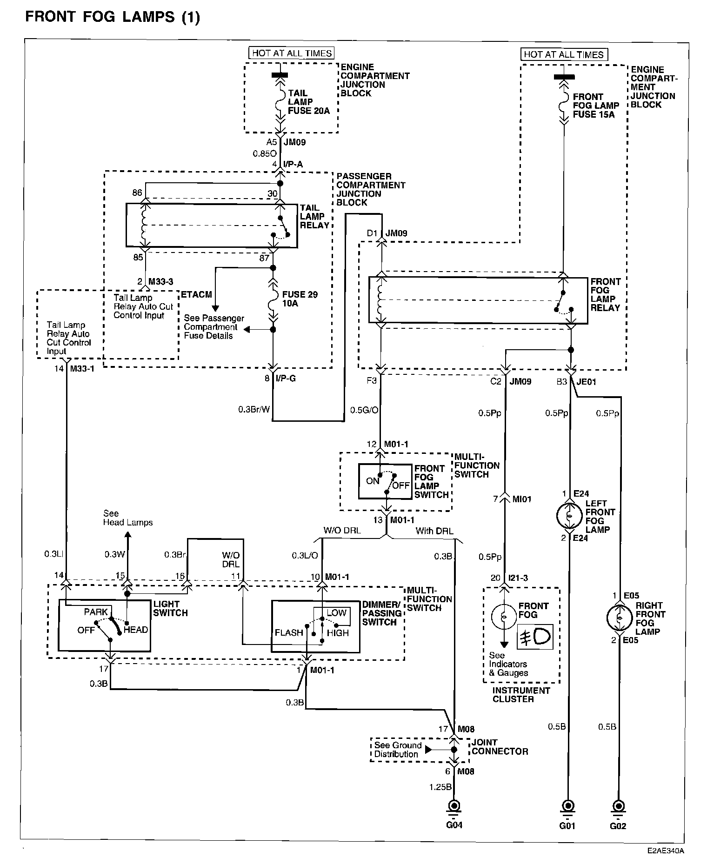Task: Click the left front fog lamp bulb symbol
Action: click(569, 515)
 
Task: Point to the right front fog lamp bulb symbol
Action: click(620, 618)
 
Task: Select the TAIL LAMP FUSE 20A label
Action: click(309, 102)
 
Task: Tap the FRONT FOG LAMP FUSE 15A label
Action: click(596, 106)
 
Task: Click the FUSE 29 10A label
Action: click(300, 299)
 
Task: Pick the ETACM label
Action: click(196, 295)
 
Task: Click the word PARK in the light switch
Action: click(96, 612)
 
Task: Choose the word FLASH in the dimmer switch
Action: click(289, 632)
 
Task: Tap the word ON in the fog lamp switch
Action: click(373, 481)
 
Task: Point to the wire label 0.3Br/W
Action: click(254, 410)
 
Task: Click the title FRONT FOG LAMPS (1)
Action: click(113, 17)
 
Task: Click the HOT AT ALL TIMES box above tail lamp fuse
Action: click(292, 53)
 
